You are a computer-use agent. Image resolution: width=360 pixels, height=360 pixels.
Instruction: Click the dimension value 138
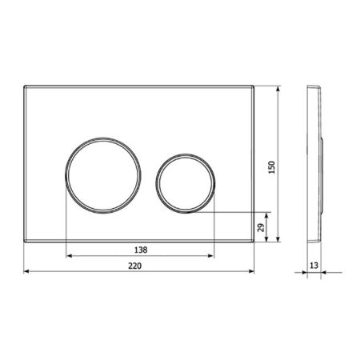click(142, 250)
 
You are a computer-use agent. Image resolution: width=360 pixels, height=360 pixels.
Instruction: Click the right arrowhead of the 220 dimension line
click(254, 272)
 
